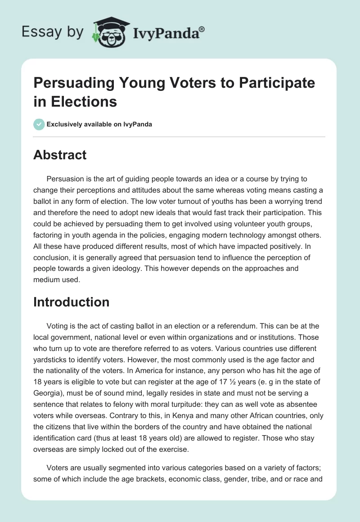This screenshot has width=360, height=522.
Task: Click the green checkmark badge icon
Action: point(39,124)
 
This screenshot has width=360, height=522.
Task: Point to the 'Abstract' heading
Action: point(60,155)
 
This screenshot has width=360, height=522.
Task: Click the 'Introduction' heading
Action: point(71,301)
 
